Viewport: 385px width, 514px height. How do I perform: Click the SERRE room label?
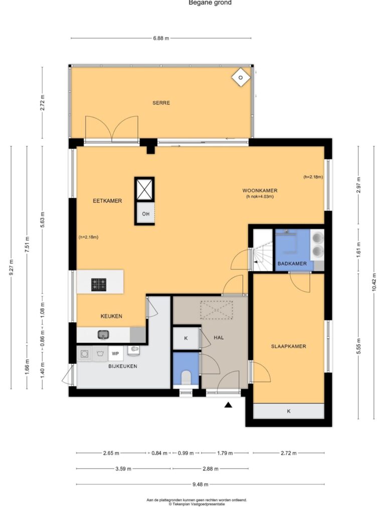pos(161,103)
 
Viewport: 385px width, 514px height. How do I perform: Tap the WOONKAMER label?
pos(260,190)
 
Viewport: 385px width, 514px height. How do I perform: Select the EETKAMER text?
pos(107,201)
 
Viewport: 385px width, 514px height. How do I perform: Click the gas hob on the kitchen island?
pos(99,284)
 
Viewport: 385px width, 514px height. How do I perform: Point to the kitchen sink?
pos(103,335)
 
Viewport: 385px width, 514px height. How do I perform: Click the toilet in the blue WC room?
pos(186,377)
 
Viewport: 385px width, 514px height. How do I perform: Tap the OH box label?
pos(146,214)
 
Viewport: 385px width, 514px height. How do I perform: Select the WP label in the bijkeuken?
pos(115,354)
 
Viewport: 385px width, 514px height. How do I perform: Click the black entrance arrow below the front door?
pos(228,405)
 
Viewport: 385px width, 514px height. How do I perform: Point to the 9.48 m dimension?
pos(200,484)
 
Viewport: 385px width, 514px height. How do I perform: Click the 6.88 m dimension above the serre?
pos(161,38)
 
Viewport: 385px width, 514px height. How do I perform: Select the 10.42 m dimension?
pos(374,282)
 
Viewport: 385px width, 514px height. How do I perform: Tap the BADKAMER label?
pos(292,264)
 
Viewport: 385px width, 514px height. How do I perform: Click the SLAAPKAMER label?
pos(288,346)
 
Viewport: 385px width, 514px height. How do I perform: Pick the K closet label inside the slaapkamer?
pos(288,411)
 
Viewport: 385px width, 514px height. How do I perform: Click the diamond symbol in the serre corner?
pos(241,78)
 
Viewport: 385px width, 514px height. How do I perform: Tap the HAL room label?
pos(219,337)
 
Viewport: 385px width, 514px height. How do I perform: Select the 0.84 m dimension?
pos(159,453)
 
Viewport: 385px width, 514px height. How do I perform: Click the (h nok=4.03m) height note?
pos(260,197)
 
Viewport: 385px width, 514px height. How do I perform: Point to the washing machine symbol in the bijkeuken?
pos(84,354)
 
